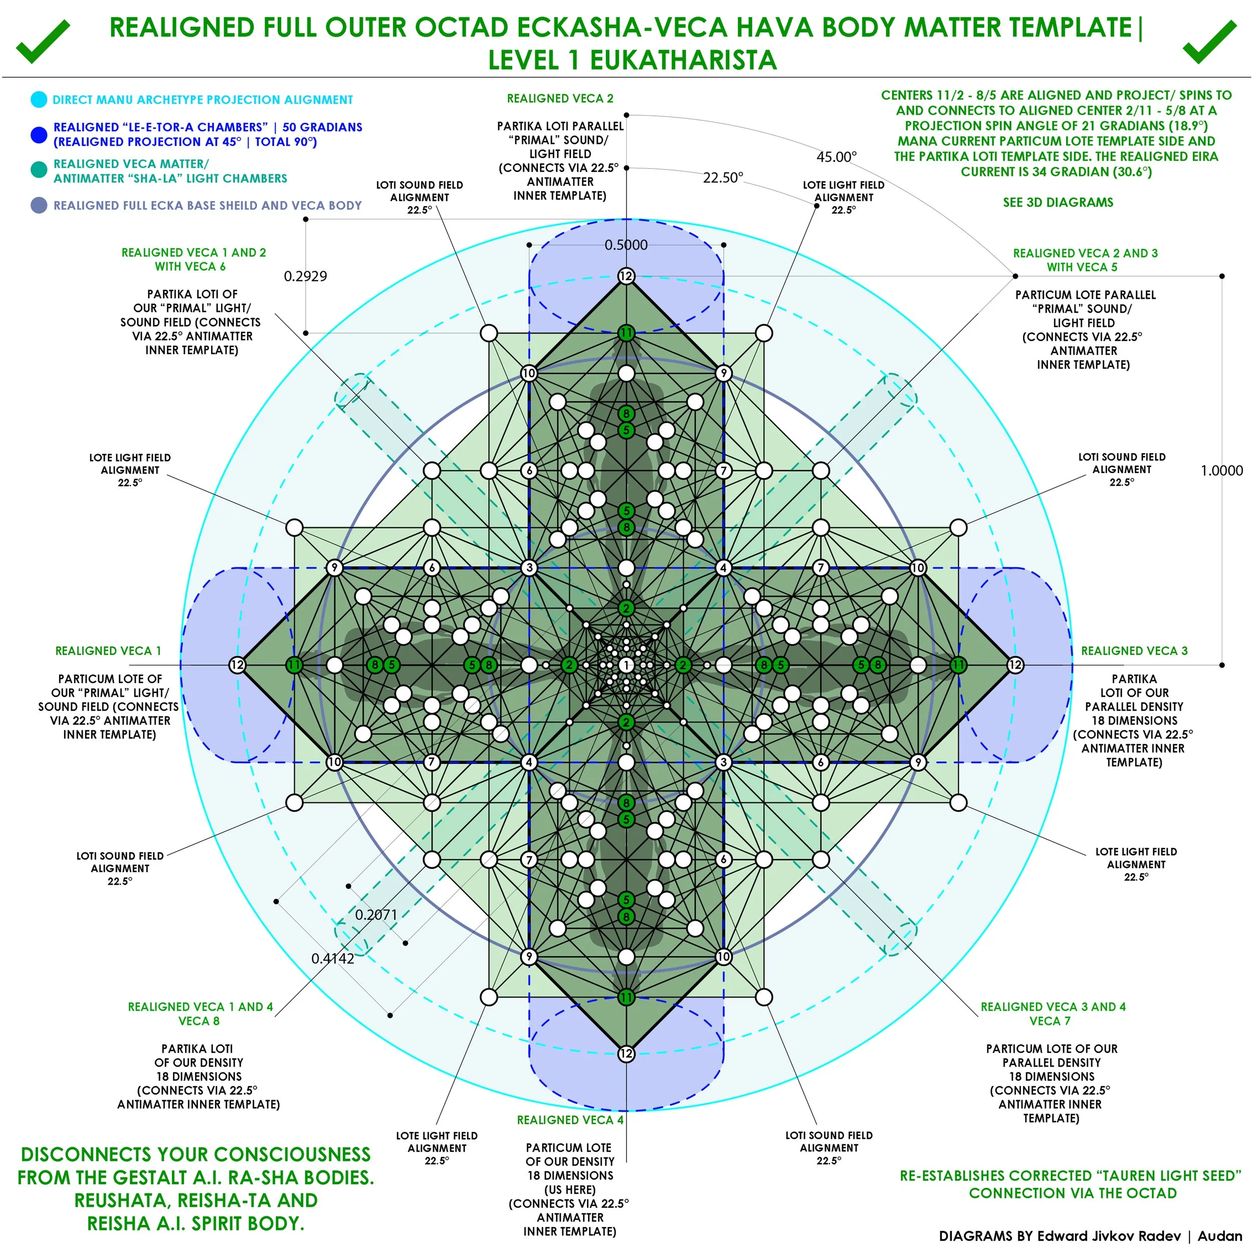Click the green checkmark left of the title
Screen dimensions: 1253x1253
(42, 42)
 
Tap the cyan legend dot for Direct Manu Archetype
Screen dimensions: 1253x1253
(39, 100)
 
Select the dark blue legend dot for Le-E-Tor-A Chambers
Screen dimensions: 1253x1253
(39, 135)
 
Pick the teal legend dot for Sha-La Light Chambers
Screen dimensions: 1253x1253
(39, 170)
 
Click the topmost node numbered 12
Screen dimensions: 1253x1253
(626, 276)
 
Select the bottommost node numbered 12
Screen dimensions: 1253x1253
(626, 1054)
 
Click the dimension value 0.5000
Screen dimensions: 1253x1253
(626, 245)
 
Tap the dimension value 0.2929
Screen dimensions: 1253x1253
(305, 276)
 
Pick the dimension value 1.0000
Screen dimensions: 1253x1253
(1221, 471)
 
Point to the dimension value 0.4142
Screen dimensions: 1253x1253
(333, 959)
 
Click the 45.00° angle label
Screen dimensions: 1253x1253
(836, 157)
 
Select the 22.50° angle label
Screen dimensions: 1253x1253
(723, 178)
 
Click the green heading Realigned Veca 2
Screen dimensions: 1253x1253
(560, 99)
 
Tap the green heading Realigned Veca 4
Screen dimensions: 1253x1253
(570, 1120)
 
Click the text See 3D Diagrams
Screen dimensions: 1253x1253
(1058, 202)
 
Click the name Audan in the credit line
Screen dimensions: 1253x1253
(1219, 1236)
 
